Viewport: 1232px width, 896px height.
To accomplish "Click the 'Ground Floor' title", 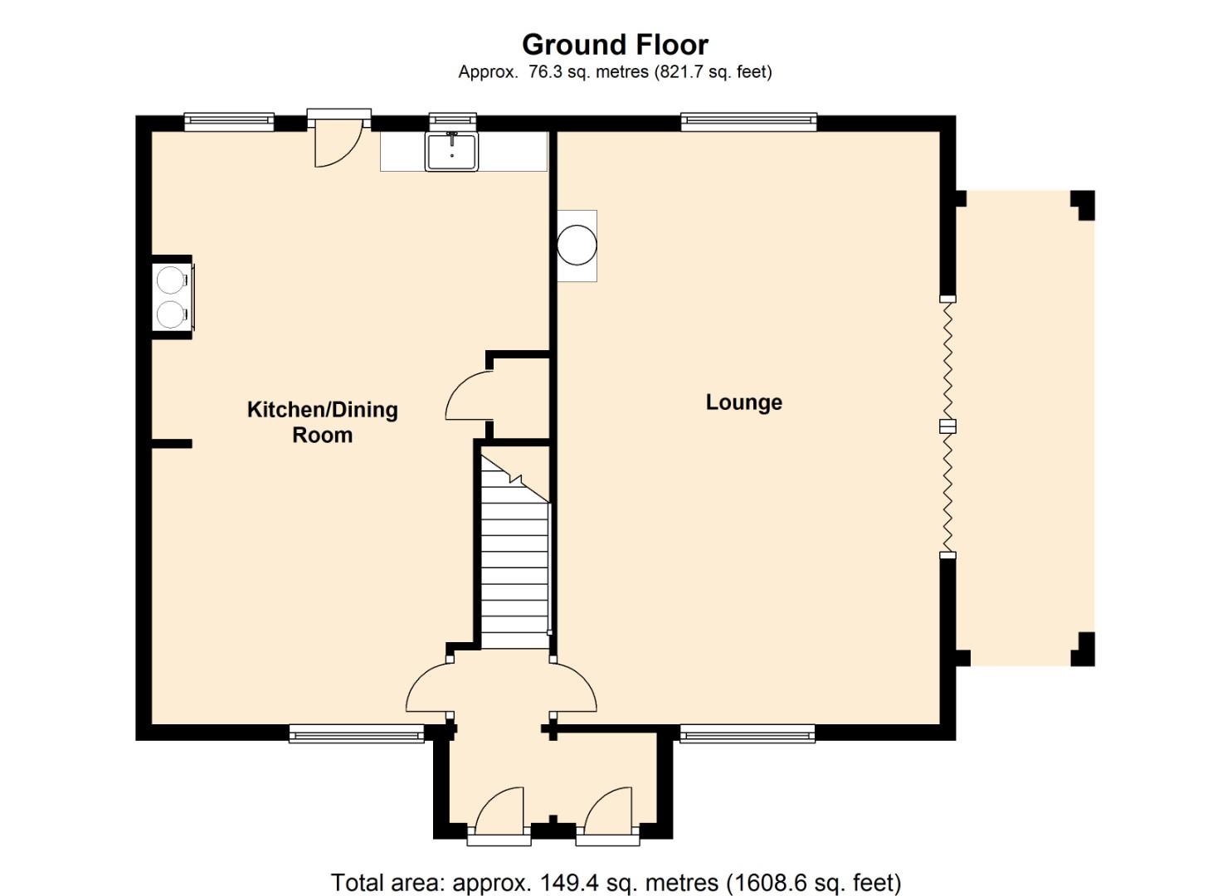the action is click(x=615, y=45).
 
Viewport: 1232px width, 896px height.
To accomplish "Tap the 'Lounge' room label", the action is click(x=743, y=402).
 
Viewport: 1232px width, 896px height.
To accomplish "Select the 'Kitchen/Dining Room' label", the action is click(x=322, y=422).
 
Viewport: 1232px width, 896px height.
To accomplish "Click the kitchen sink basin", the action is click(x=451, y=151).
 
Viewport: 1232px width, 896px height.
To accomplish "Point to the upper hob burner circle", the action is click(x=170, y=280).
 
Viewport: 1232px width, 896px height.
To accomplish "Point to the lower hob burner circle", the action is click(x=170, y=314).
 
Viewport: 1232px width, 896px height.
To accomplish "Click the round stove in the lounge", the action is click(x=577, y=246).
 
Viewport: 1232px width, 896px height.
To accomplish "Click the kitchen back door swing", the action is click(x=338, y=143).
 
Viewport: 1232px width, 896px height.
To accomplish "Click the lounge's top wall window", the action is click(x=748, y=122).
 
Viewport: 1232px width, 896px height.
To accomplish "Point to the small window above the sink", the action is click(x=452, y=120).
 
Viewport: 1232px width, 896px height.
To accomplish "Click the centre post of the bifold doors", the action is click(x=947, y=426).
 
